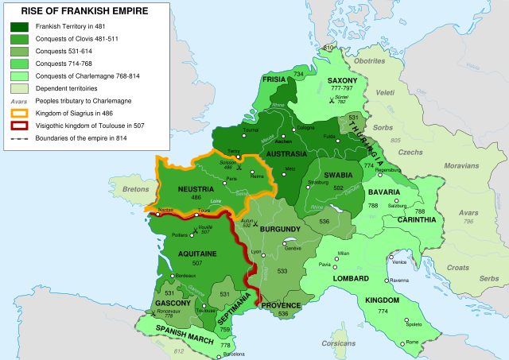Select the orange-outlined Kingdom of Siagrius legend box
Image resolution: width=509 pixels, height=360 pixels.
[18, 113]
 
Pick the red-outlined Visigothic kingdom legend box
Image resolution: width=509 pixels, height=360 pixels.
[18, 125]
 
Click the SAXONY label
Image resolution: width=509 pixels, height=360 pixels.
[344, 81]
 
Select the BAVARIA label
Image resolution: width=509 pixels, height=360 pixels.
[384, 193]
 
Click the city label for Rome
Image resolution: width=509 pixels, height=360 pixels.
[412, 343]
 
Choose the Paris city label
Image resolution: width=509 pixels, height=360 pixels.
[232, 180]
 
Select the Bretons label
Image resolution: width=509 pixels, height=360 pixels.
[135, 191]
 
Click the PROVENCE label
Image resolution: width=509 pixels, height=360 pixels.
[281, 305]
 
